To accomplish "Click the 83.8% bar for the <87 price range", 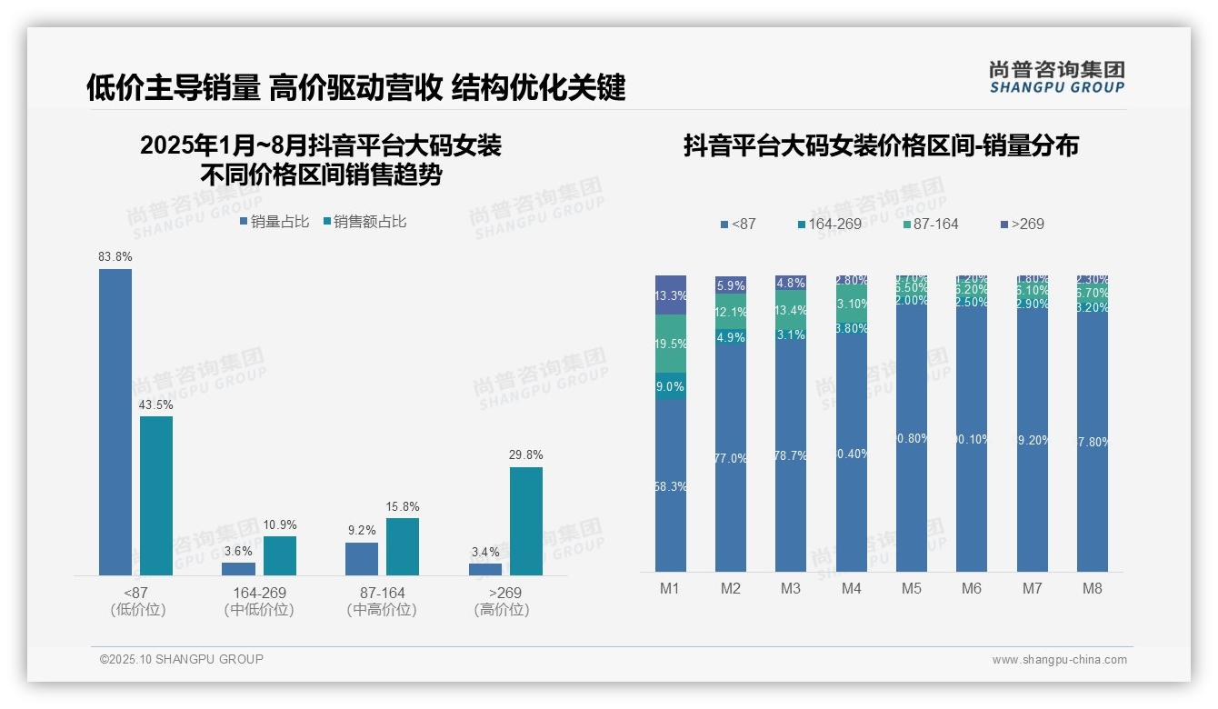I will click(115, 422).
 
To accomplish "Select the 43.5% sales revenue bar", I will click(156, 495).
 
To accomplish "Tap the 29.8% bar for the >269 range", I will click(526, 521).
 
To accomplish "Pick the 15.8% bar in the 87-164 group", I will click(403, 546).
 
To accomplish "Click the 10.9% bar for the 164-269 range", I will click(280, 555).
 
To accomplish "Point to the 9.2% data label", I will click(362, 531).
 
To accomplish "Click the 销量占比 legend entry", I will click(275, 222).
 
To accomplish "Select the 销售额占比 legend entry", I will click(364, 222).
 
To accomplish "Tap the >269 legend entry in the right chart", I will click(1023, 224).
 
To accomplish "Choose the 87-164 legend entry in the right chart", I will click(932, 224).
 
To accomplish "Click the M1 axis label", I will click(670, 588).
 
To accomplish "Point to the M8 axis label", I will click(1092, 588).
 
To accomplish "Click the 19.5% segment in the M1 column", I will click(671, 344).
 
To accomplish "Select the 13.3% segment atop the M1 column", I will click(671, 295).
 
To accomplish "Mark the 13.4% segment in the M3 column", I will click(791, 309).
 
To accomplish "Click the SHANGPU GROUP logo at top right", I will click(1056, 77).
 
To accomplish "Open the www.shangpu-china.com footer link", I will click(1059, 660).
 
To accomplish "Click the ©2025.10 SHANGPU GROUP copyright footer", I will click(182, 659).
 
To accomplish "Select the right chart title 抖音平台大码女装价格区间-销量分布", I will click(881, 146).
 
